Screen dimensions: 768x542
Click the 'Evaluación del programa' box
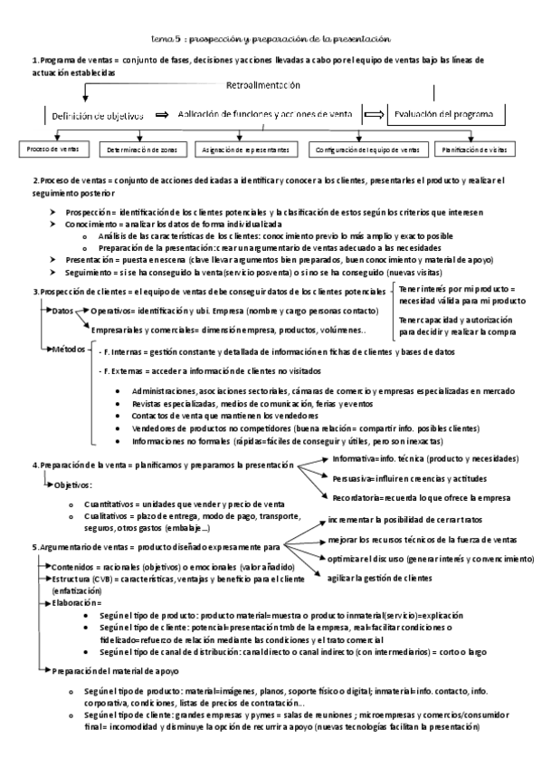(442, 114)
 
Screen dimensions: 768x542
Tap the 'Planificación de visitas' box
(471, 149)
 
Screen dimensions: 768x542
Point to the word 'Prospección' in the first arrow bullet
(88, 211)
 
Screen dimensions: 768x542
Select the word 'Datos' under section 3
(63, 310)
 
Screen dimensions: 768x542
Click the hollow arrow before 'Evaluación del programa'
(373, 114)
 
